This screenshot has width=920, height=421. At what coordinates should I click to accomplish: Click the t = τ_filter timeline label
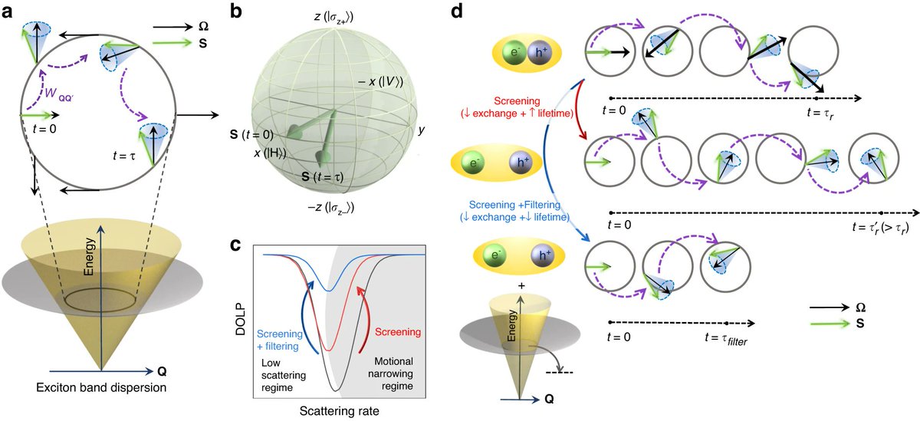(x=728, y=337)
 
